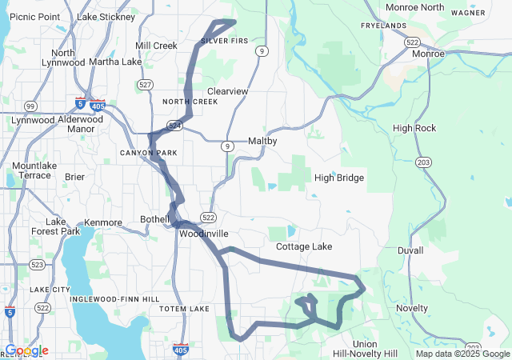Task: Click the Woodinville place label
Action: click(x=204, y=234)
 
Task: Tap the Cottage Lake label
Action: click(x=304, y=247)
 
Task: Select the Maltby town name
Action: click(x=262, y=141)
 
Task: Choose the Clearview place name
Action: click(x=227, y=92)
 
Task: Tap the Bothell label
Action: click(x=154, y=219)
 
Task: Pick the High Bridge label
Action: click(x=339, y=178)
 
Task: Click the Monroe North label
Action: click(x=414, y=7)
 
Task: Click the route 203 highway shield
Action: click(x=423, y=162)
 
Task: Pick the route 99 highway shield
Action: click(x=30, y=106)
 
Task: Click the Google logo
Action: click(x=26, y=350)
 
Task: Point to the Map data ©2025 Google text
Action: click(x=462, y=354)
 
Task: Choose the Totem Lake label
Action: click(x=183, y=309)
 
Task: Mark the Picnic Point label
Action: click(x=34, y=17)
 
